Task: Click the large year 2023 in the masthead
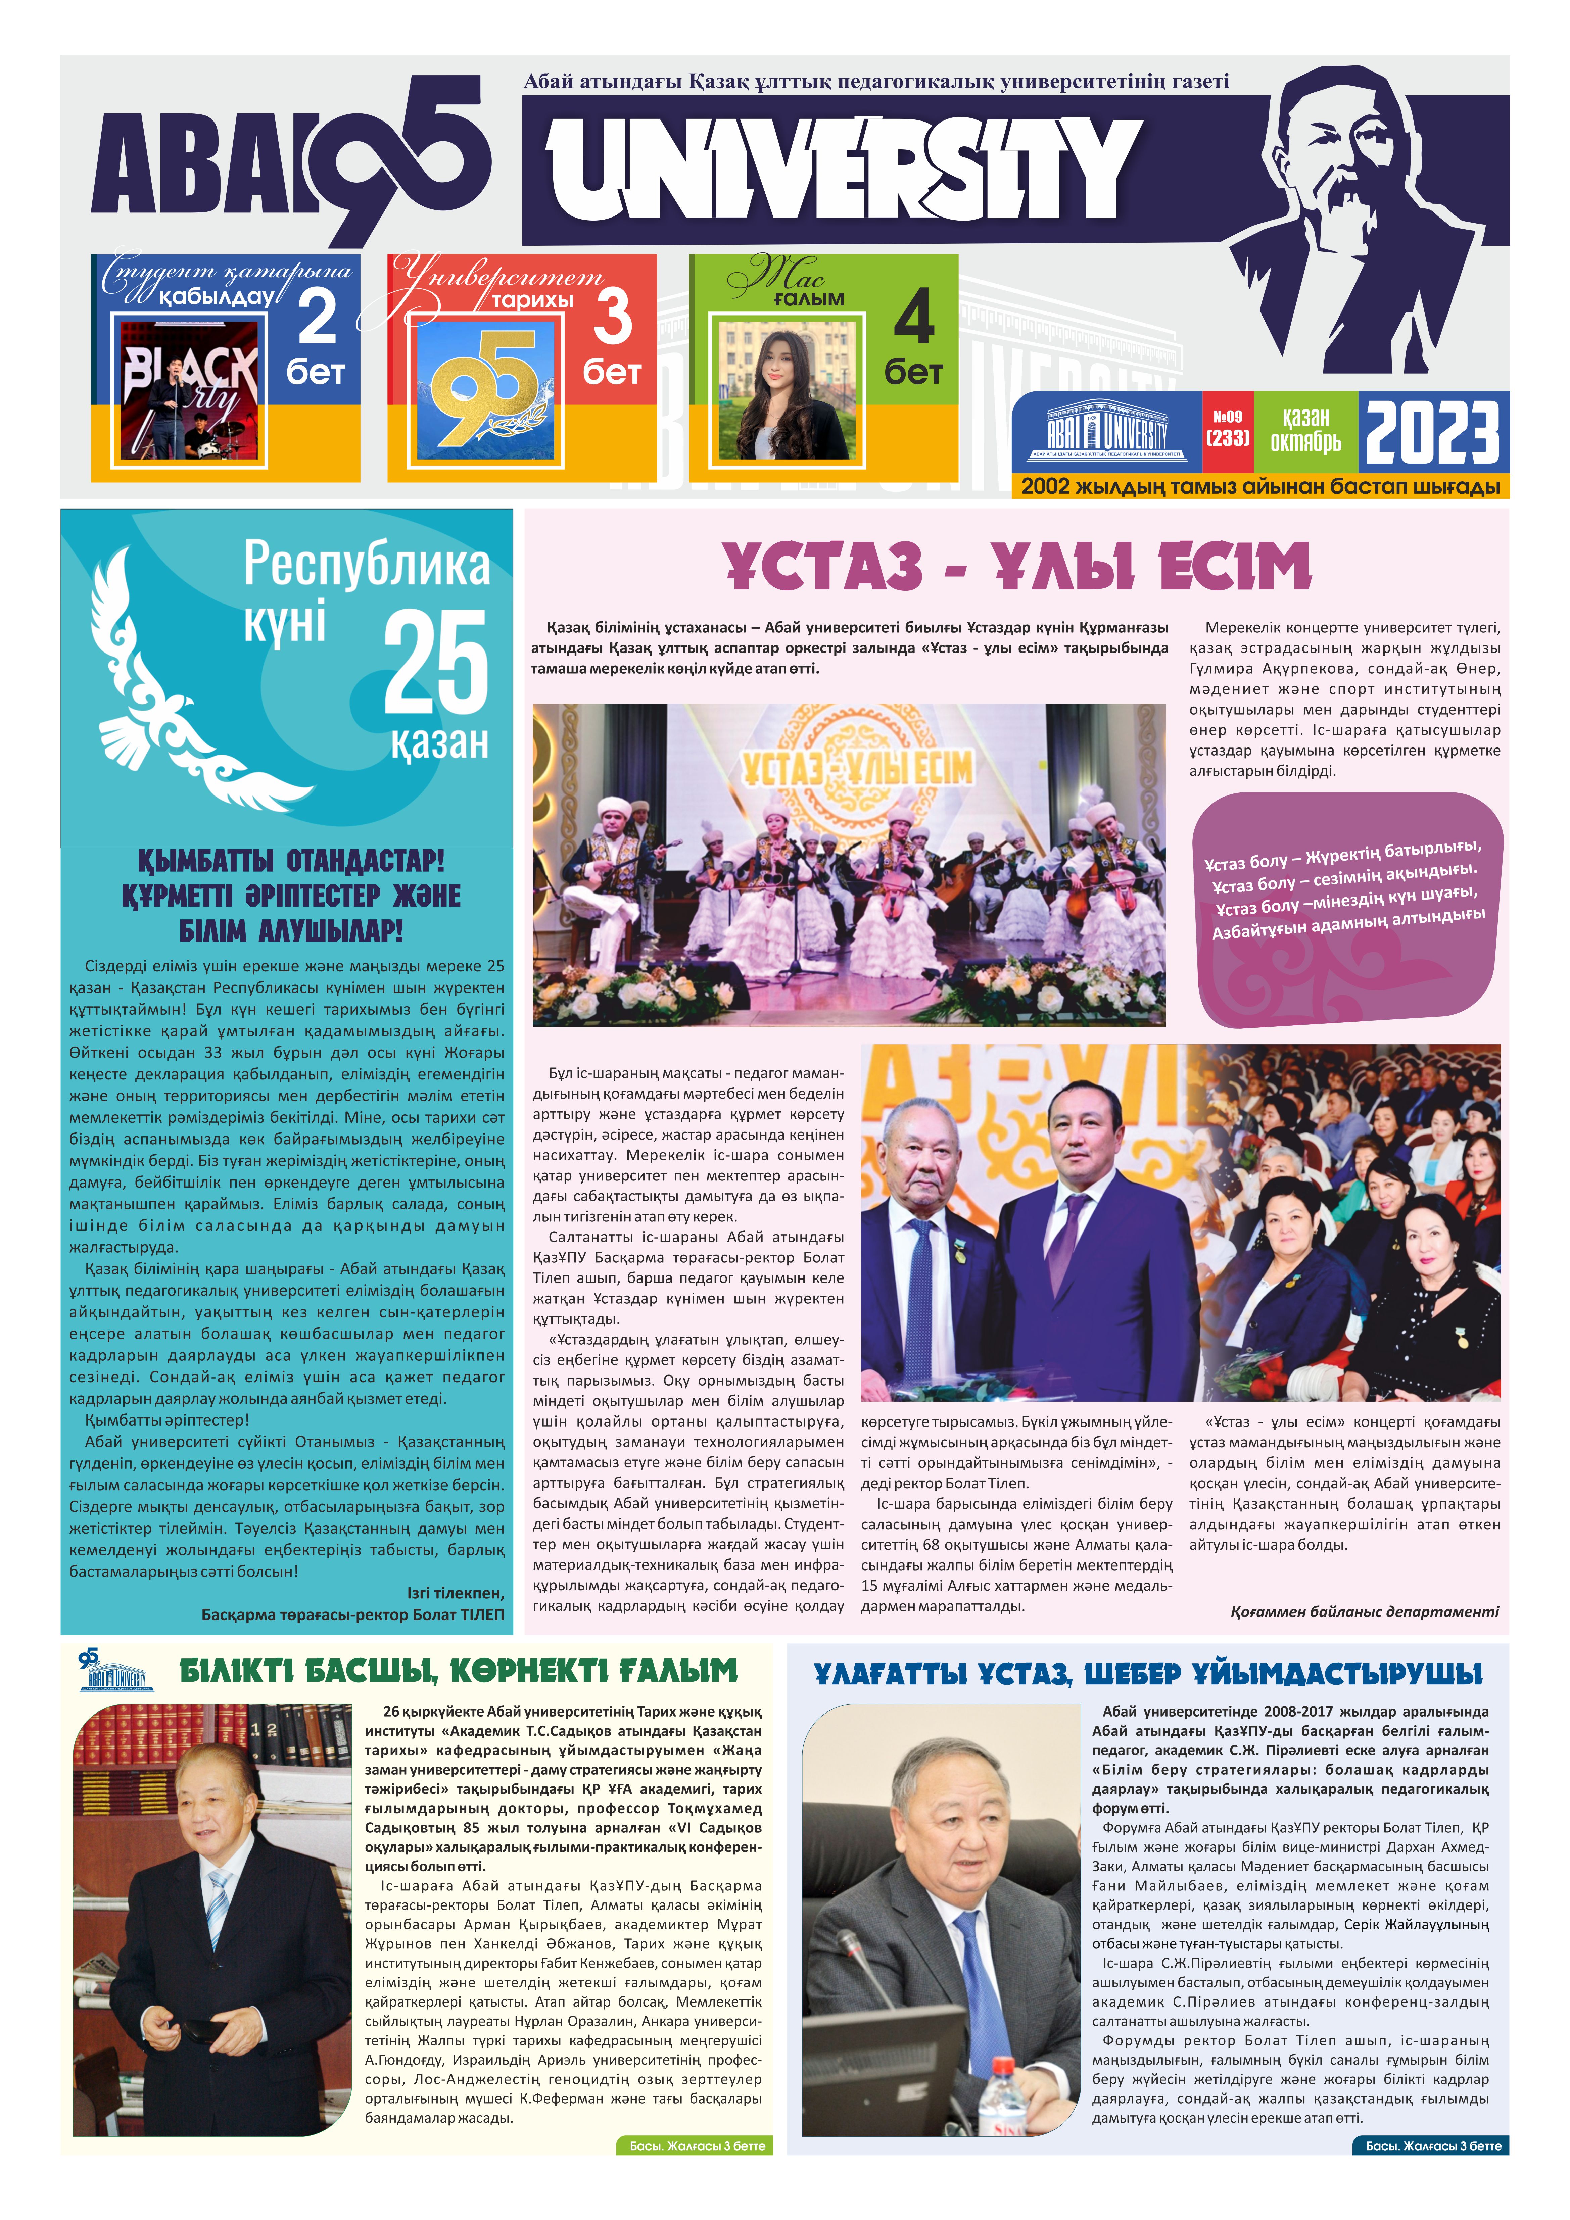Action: (x=1432, y=432)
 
